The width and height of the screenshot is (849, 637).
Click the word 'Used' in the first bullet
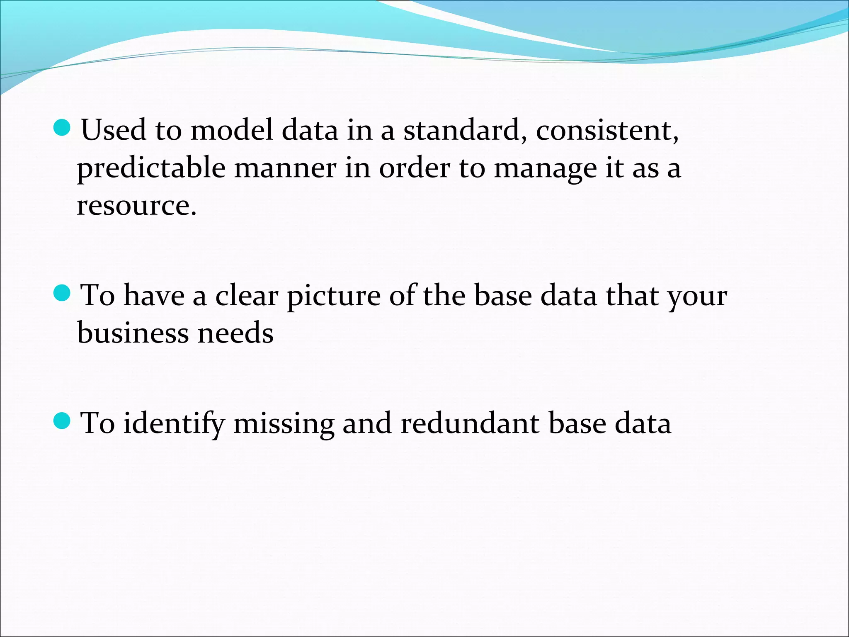coord(113,130)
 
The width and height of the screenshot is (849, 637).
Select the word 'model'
coord(232,130)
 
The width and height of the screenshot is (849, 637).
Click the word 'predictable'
coord(151,168)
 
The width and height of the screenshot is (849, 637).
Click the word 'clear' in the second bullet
coord(247,296)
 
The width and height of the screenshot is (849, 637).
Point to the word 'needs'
coord(235,333)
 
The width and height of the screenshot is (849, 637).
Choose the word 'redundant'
coord(470,424)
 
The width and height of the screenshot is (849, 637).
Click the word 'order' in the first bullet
coord(415,168)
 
